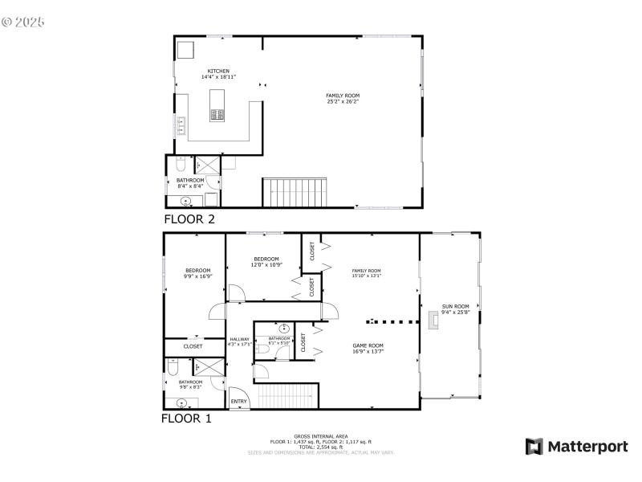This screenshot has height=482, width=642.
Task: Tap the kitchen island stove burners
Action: tap(217, 116)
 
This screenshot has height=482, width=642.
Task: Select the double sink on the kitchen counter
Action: tap(181, 125)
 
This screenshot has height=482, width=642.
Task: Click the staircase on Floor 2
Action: tap(295, 193)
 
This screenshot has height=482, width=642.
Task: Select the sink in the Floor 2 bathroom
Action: tap(186, 201)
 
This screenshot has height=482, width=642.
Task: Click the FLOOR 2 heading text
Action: tap(189, 219)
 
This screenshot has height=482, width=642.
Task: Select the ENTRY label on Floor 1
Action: tap(239, 401)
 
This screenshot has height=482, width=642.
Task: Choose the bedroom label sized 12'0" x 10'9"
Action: tap(266, 261)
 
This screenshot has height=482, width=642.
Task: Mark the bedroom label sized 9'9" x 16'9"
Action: tap(197, 273)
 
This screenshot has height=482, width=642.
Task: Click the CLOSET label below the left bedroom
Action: tap(193, 346)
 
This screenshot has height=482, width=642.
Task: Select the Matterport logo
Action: tap(576, 447)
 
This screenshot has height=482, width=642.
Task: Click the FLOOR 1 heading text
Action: tap(187, 419)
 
